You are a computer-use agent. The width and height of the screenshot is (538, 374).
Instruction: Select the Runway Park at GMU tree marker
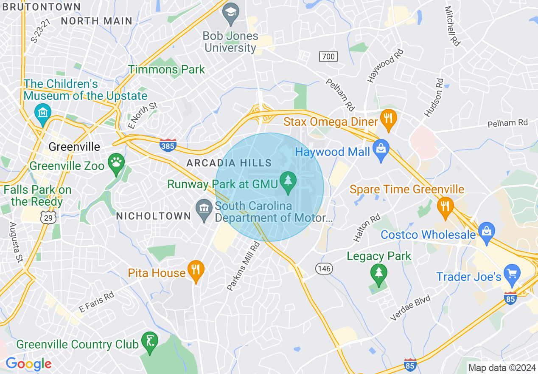[289, 181]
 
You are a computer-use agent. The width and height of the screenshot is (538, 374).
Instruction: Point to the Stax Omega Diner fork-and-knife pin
[388, 119]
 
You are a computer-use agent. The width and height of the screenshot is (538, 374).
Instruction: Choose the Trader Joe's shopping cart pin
[512, 273]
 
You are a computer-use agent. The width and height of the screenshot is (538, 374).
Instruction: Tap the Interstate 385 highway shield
[168, 145]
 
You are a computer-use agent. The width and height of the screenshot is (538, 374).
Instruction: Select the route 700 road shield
[328, 57]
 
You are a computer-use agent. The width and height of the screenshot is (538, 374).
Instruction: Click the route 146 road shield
[324, 269]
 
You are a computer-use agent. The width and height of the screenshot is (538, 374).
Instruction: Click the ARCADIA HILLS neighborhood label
[229, 163]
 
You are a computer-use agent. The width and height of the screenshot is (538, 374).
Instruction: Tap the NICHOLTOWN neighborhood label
[154, 216]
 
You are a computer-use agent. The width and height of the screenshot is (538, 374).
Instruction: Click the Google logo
[28, 364]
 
